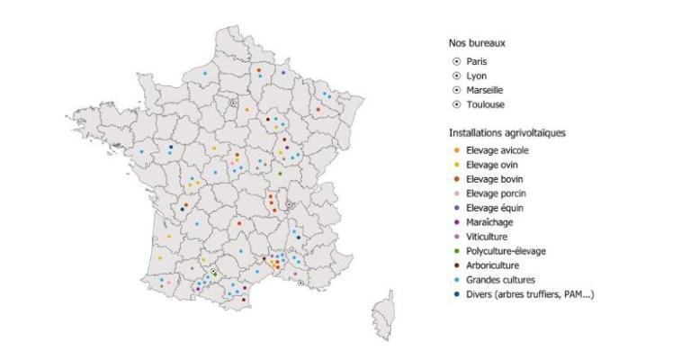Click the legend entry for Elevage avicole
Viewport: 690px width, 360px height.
point(489,148)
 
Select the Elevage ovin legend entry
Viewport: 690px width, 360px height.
point(487,164)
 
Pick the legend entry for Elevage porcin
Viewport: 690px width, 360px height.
point(489,193)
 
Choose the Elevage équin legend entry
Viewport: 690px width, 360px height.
point(488,208)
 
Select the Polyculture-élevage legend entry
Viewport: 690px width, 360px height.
point(499,251)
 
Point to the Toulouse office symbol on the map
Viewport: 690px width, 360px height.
point(213,272)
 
